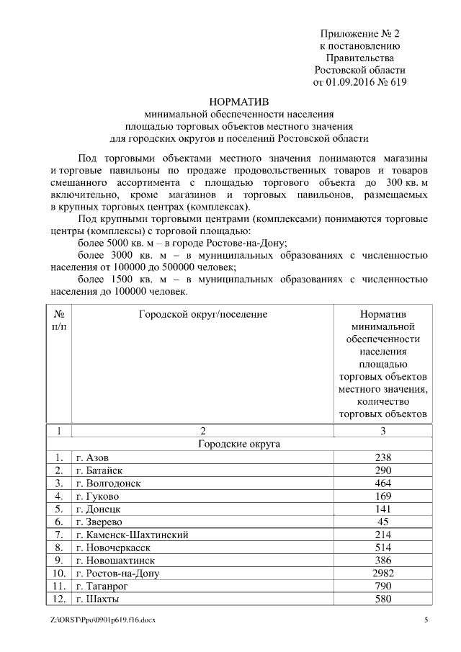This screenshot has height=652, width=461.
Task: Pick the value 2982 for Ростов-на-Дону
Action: pos(383,573)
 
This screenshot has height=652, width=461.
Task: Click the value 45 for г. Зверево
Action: pos(383,521)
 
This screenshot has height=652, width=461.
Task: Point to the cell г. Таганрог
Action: pos(104,586)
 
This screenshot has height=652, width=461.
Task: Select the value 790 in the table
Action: pos(383,586)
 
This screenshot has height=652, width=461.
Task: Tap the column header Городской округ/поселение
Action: pos(202,315)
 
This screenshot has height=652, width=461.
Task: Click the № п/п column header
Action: pos(61,321)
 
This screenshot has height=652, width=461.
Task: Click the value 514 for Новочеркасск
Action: pos(383,548)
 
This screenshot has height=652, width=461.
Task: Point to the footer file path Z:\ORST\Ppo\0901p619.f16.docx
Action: pos(99,620)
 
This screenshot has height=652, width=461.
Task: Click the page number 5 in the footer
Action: pos(426,620)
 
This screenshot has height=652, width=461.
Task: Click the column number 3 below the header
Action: pos(383,431)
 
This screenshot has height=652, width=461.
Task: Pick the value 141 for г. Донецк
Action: pos(383,509)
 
